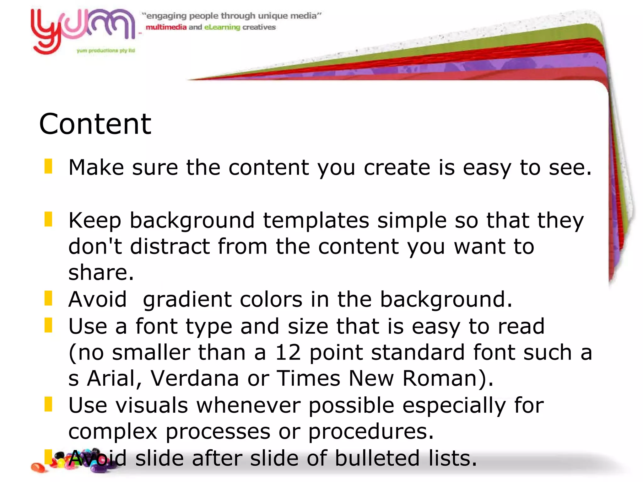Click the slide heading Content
(95, 124)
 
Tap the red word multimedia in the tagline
(166, 27)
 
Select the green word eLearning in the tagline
(222, 27)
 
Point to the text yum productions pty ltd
(106, 51)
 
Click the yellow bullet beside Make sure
(48, 166)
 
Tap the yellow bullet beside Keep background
(48, 219)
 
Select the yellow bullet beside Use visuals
(48, 404)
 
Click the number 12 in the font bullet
(288, 352)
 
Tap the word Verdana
(195, 378)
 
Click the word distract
(170, 246)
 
